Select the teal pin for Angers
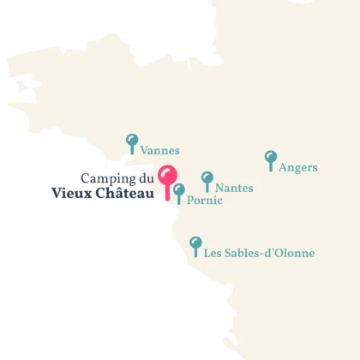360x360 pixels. pos(271,158)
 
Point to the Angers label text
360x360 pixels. pos(298,168)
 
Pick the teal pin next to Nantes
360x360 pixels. pos(207,178)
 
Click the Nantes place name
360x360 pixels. pos(234,188)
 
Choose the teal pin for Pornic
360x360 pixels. pos(178,190)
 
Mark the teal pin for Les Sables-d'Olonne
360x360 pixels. pos(195,243)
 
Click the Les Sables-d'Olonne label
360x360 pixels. pos(259,253)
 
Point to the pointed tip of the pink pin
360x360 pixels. pos(167,199)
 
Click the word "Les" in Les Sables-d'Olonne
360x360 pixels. pos(213,253)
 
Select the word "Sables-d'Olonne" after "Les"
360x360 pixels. pos(270,253)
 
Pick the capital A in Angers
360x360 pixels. pos(284,168)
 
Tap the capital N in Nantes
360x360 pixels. pos(219,188)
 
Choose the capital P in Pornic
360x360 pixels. pos(189,201)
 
